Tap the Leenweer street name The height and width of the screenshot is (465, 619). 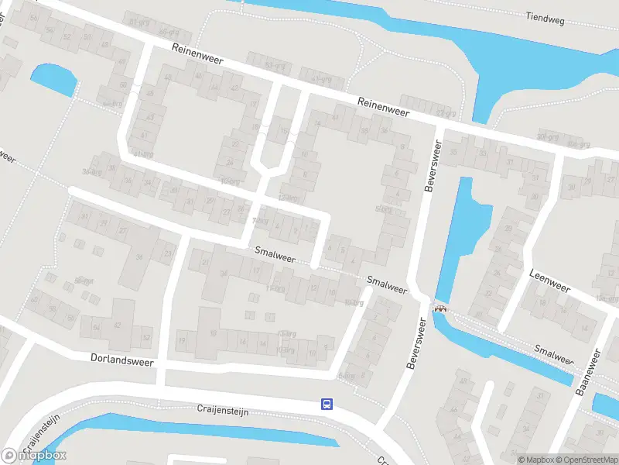coord(549,281)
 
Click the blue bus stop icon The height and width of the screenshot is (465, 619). coord(327,404)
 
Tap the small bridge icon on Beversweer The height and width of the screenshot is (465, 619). coord(441,308)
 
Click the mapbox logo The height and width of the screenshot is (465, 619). coord(35,455)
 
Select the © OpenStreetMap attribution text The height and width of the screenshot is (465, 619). coord(586,460)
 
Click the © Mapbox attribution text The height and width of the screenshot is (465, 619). coord(536,460)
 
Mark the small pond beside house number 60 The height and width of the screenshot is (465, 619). coord(53,79)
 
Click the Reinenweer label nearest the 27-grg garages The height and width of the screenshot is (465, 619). coord(382,107)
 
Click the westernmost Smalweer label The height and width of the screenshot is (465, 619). coord(275,253)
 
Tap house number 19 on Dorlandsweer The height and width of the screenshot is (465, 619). coord(183,340)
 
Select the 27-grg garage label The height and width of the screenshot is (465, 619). coord(445,113)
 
